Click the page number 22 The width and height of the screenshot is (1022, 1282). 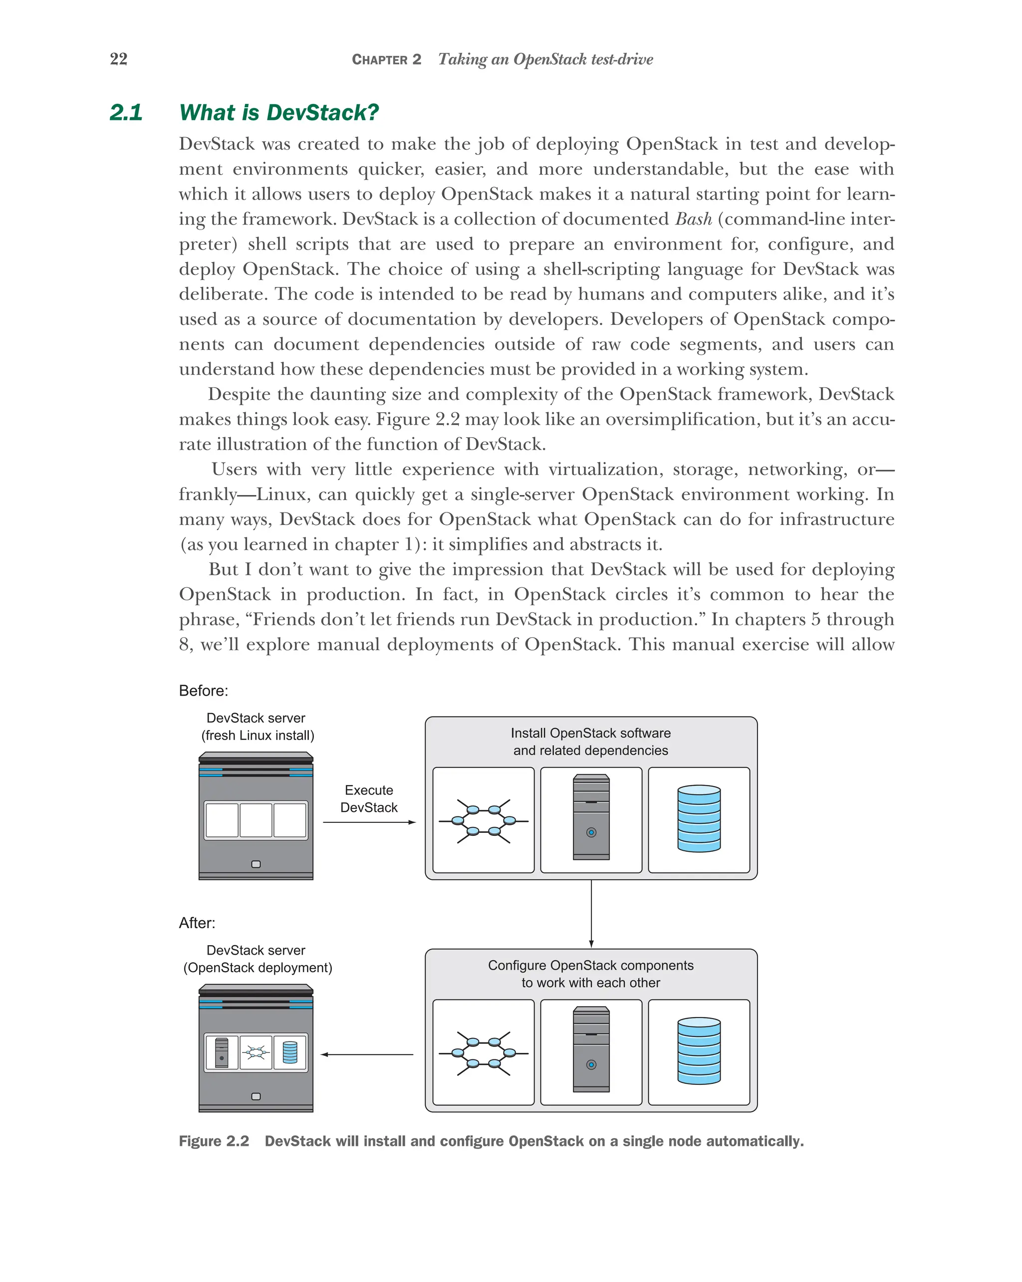tap(118, 59)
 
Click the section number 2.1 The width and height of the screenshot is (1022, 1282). tap(126, 112)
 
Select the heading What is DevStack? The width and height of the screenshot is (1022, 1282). tap(279, 112)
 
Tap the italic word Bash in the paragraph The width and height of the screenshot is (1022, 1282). tap(693, 219)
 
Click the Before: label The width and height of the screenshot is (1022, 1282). tap(203, 690)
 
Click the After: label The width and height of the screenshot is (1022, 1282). tap(197, 923)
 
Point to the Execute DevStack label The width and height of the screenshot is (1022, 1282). tap(369, 798)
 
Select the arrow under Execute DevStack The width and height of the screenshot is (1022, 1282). tap(369, 822)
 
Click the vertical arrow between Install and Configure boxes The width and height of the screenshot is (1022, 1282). tap(591, 913)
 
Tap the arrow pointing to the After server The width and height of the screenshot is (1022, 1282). tap(367, 1054)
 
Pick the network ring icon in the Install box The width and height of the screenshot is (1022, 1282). tap(484, 821)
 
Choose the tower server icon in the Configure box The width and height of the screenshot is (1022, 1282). tap(591, 1049)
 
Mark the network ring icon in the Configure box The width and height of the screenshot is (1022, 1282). tap(484, 1053)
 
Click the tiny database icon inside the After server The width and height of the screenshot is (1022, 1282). tap(290, 1052)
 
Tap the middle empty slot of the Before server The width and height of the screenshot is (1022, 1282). tap(255, 820)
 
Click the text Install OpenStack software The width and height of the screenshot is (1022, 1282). tap(590, 733)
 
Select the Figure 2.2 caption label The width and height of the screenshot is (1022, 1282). tap(214, 1141)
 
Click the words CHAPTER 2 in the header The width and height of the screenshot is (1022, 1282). tap(386, 59)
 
